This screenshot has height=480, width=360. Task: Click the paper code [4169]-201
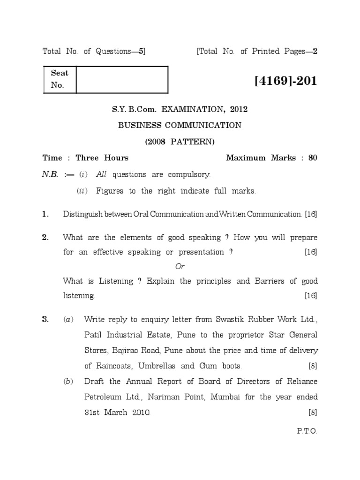pyautogui.click(x=286, y=81)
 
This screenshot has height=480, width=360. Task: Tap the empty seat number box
pyautogui.click(x=121, y=80)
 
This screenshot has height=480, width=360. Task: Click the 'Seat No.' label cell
pyautogui.click(x=59, y=79)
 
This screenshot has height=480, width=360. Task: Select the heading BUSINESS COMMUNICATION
pyautogui.click(x=180, y=125)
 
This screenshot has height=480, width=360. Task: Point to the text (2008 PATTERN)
pyautogui.click(x=180, y=141)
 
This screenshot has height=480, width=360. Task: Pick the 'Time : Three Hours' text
pyautogui.click(x=85, y=158)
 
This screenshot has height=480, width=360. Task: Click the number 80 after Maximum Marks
pyautogui.click(x=312, y=158)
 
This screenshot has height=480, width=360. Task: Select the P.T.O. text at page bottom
pyautogui.click(x=307, y=431)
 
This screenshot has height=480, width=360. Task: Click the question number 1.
pyautogui.click(x=45, y=214)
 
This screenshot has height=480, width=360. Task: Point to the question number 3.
pyautogui.click(x=45, y=320)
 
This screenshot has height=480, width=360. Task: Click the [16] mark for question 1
pyautogui.click(x=311, y=214)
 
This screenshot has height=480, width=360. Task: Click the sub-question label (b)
pyautogui.click(x=68, y=382)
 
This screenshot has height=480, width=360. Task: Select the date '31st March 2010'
pyautogui.click(x=117, y=413)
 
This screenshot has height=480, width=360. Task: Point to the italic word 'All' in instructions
pyautogui.click(x=102, y=175)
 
